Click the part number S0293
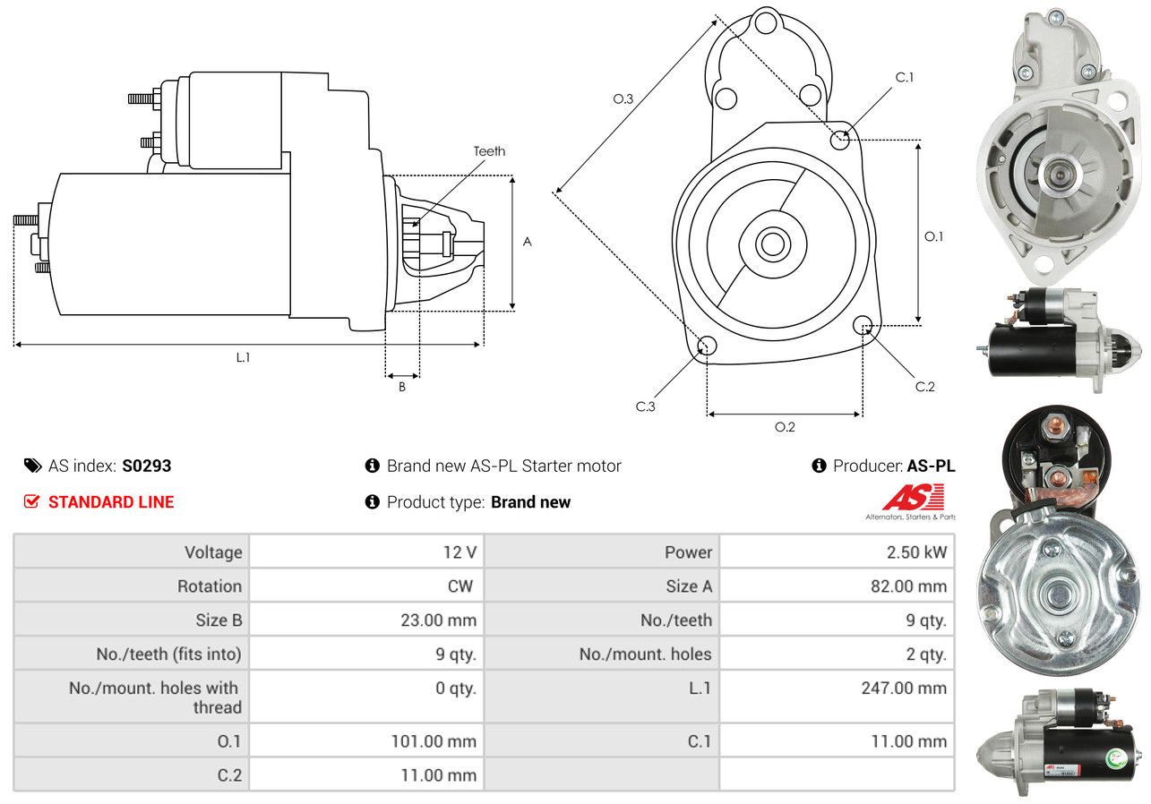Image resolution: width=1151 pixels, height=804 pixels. point(146,466)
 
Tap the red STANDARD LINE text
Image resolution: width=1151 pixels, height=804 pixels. point(111,502)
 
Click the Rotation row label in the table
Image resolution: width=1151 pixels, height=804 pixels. point(210,586)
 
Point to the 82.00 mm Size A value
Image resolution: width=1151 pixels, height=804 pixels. point(908,586)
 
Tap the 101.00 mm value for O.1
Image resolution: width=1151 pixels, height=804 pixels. point(434,741)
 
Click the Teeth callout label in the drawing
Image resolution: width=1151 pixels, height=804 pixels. point(489,151)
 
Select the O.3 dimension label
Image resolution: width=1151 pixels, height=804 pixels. point(623,98)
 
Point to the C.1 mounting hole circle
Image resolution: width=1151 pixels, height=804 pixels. point(840,140)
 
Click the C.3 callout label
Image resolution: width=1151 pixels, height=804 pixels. point(646,406)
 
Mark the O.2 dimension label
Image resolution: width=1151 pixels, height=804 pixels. point(785,427)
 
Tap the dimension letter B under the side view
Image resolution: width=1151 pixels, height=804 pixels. point(402,387)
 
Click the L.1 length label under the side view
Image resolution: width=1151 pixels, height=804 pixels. point(243,357)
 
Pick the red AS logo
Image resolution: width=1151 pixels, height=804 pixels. point(913,497)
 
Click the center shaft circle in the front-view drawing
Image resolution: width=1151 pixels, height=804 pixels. point(772,244)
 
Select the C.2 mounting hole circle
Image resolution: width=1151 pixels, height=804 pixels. point(863,325)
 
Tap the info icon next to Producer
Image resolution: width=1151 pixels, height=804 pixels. point(819,466)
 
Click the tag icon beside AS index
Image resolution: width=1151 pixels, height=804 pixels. point(33,466)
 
